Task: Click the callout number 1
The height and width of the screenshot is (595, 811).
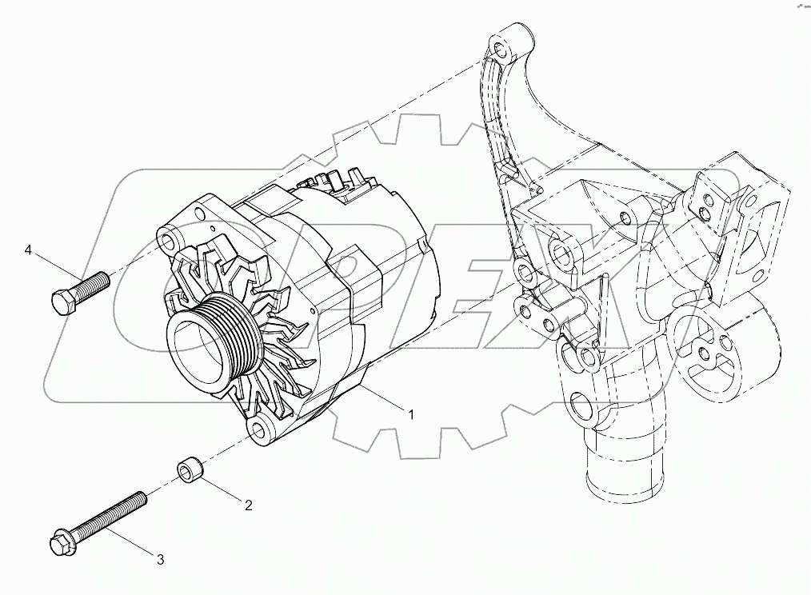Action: (411, 414)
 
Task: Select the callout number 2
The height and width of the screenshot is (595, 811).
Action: (248, 505)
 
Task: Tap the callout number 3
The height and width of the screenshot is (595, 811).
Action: (160, 560)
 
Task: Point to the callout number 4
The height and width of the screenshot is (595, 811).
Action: (28, 251)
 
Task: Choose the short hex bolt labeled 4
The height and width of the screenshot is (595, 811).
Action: (78, 292)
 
